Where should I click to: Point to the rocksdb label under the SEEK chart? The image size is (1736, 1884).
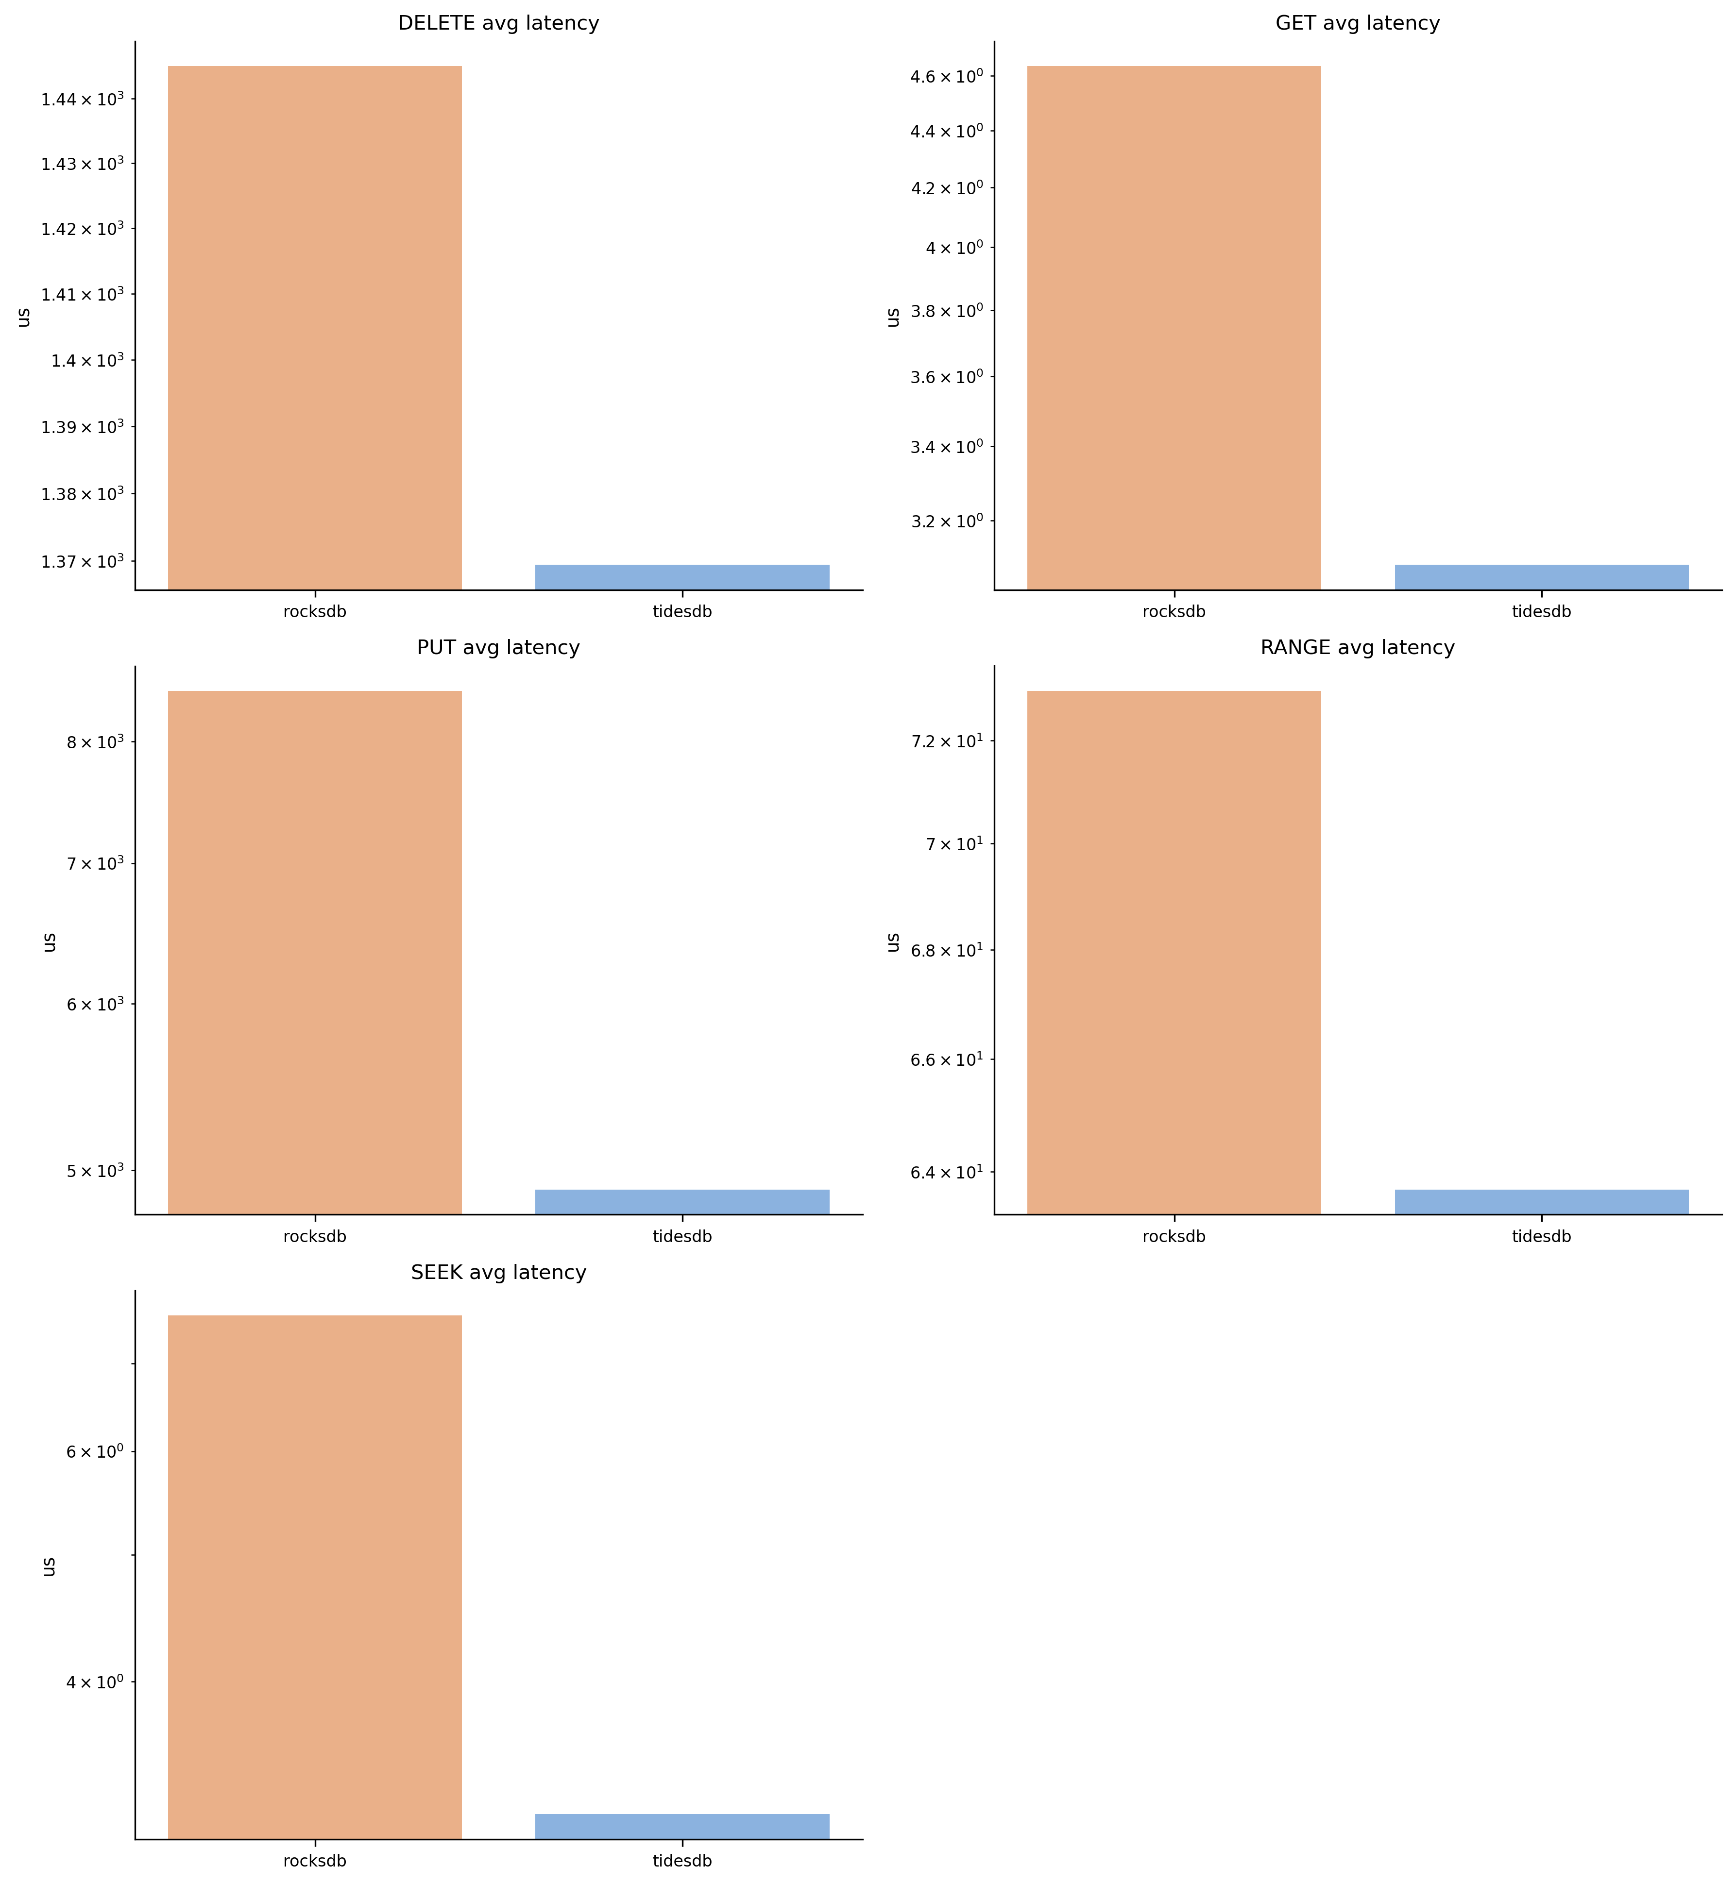tap(315, 1861)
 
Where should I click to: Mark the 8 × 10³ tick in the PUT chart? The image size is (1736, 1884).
tap(94, 742)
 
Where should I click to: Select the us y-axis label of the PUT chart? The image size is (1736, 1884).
tap(50, 941)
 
